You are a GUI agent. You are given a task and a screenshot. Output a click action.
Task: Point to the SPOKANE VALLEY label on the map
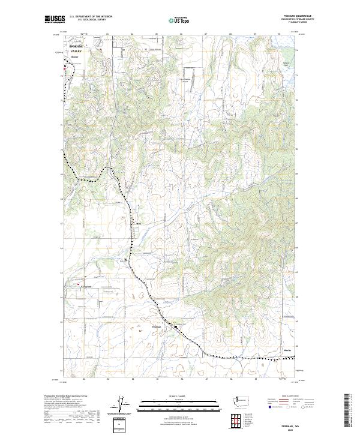tap(76, 49)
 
